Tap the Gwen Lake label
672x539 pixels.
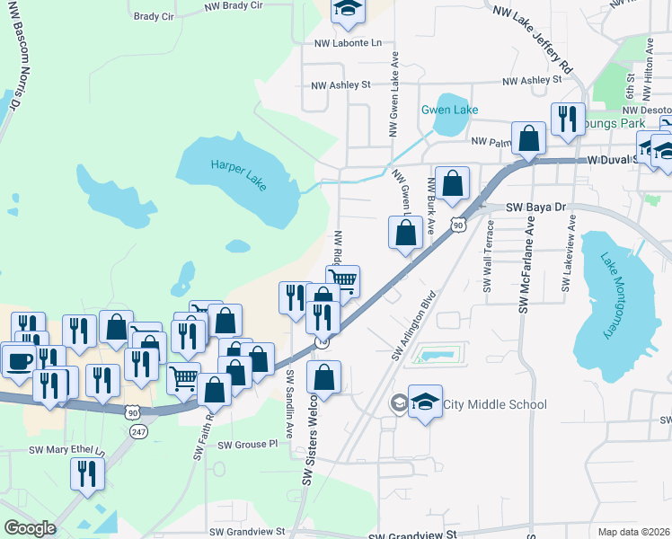449,110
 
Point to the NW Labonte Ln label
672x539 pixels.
348,42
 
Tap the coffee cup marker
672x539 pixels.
19,361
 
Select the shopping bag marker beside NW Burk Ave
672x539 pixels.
452,182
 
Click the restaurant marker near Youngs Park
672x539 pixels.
567,119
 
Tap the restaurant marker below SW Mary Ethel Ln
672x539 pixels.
87,473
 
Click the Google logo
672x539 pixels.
30,528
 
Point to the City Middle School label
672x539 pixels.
492,404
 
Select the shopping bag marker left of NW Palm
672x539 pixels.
530,139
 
